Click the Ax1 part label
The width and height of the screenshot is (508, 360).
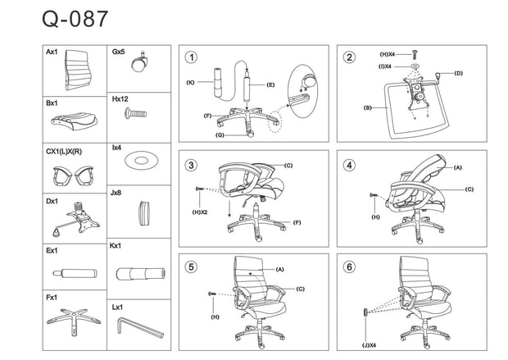pos(52,52)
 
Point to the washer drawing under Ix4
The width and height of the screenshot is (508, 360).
pos(139,160)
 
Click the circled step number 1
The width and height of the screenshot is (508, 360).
pos(191,57)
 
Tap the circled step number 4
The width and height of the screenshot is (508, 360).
pos(350,165)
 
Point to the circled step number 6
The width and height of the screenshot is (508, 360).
pos(350,267)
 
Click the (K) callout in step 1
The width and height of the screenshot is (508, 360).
pos(190,82)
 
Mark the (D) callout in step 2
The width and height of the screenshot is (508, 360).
pos(458,73)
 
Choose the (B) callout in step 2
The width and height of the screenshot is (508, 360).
pos(368,107)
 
